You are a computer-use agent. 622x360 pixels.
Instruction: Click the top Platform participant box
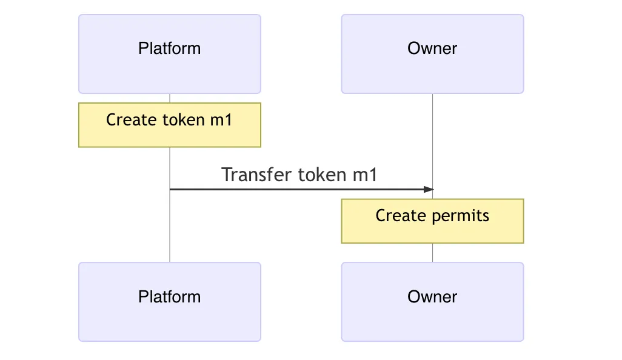(x=170, y=54)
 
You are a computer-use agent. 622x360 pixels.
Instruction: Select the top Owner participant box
(x=432, y=54)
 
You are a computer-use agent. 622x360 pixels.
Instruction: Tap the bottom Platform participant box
(x=170, y=302)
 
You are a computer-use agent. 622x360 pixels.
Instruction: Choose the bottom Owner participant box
(x=432, y=302)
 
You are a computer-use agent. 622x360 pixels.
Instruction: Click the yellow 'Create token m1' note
(x=170, y=125)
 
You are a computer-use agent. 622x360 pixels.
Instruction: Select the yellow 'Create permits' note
(x=432, y=221)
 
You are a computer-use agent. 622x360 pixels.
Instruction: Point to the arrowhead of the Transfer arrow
(x=429, y=190)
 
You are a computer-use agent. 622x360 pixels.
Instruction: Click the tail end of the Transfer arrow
(x=171, y=190)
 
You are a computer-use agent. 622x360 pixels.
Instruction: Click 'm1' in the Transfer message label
(x=365, y=175)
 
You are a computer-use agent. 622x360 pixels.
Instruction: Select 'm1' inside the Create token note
(x=221, y=120)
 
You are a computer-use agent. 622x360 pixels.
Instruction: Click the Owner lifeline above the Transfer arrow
(x=432, y=139)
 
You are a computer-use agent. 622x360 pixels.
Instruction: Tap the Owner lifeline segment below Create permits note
(x=432, y=253)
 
